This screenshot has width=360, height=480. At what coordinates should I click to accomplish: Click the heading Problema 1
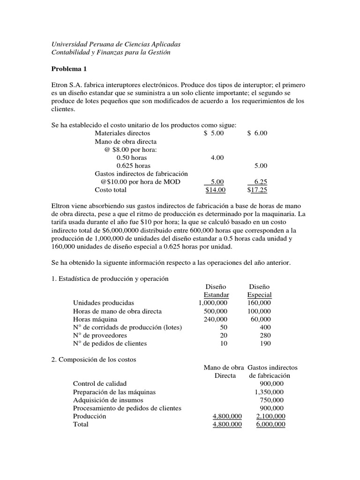[x=69, y=69]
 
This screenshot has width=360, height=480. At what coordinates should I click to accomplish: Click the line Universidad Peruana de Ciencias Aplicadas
[x=115, y=44]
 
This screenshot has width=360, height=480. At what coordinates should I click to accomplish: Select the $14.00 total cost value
[x=215, y=190]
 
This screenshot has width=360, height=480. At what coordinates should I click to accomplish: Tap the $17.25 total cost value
[x=257, y=190]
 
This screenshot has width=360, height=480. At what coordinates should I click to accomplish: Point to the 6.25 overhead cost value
[x=260, y=181]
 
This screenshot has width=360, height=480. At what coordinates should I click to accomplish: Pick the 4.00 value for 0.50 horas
[x=217, y=157]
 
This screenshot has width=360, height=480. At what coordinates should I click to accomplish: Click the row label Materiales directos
[x=124, y=133]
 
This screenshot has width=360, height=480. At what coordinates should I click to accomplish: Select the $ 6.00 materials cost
[x=257, y=133]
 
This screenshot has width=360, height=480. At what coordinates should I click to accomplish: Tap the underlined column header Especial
[x=259, y=295]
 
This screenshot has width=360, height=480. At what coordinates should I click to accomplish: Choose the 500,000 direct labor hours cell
[x=216, y=311]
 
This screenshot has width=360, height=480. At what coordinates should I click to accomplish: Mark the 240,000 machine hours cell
[x=216, y=319]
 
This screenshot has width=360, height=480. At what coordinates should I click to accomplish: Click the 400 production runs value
[x=265, y=327]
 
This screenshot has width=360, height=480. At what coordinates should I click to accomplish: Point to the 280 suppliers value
[x=265, y=335]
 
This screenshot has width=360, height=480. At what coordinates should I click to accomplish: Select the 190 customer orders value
[x=265, y=344]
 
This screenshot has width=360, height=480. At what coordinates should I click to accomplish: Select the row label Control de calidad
[x=99, y=384]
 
